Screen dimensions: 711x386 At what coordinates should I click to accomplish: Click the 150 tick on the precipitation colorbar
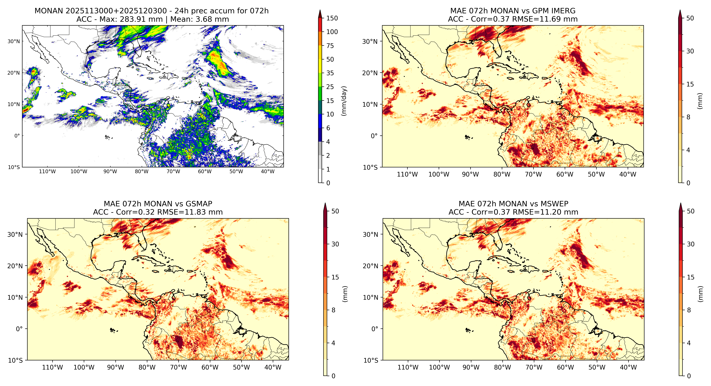point(332,18)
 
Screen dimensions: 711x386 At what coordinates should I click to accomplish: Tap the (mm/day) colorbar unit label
point(344,101)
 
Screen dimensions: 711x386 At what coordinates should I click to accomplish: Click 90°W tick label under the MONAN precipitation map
point(110,171)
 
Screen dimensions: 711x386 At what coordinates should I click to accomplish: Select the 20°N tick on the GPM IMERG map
point(370,73)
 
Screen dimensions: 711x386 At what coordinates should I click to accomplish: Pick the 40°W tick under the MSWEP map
point(628,368)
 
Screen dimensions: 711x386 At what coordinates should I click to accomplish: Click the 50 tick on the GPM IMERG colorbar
point(690,18)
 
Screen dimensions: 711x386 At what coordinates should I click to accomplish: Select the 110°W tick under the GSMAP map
point(52,368)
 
